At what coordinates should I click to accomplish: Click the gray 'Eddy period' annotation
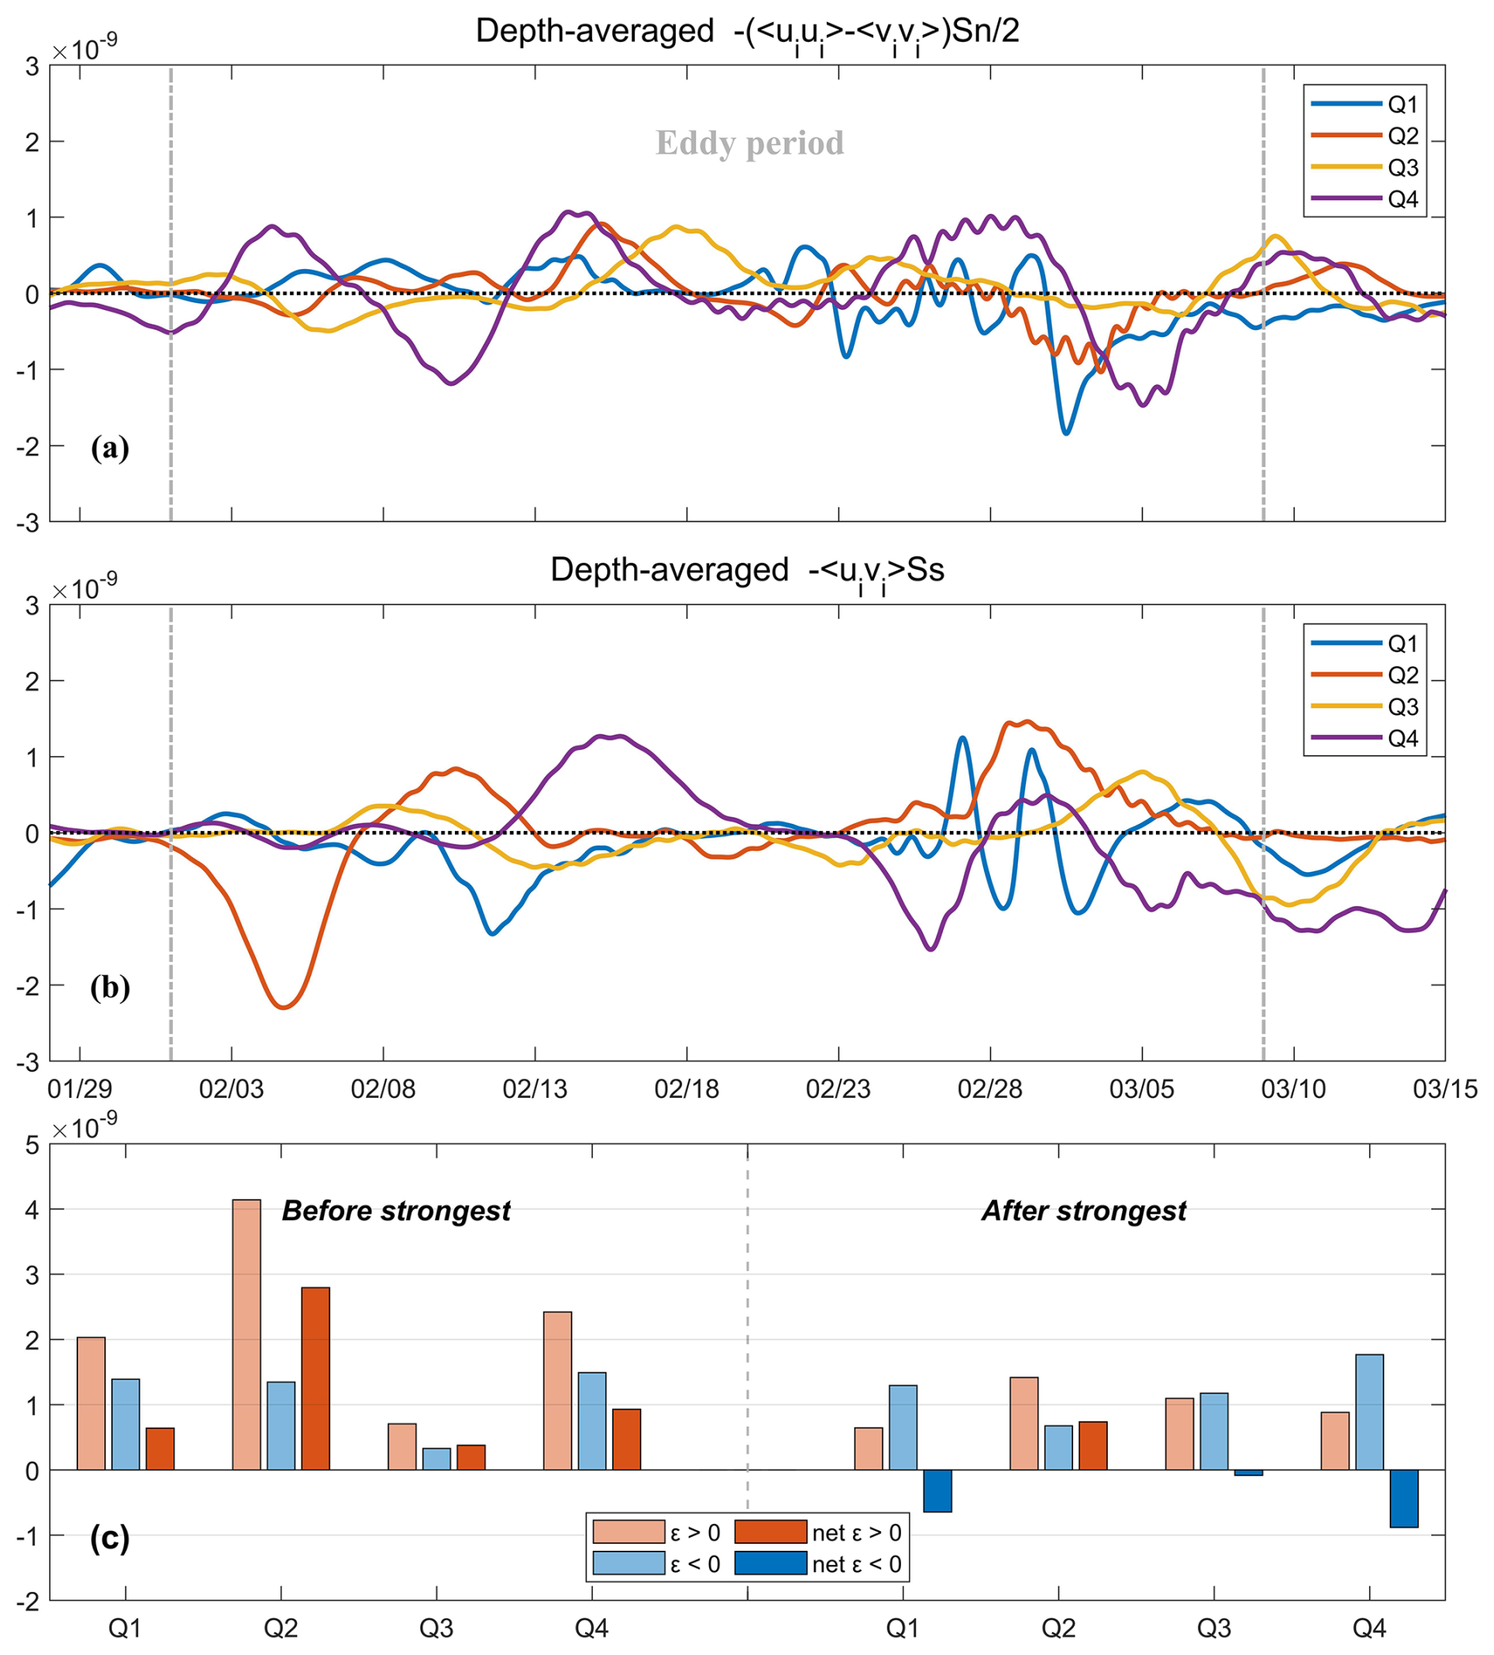tap(749, 144)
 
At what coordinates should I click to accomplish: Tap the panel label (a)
tap(110, 448)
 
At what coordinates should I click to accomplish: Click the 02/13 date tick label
tap(535, 1090)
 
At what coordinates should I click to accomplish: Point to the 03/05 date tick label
tap(1141, 1090)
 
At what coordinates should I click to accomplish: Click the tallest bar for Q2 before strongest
tap(246, 1335)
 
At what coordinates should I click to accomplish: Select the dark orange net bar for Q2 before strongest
tap(315, 1379)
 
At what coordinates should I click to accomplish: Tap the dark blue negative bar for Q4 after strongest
tap(1404, 1498)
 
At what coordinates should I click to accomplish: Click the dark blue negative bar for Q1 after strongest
tap(937, 1490)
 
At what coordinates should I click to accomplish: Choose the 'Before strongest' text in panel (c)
tap(396, 1211)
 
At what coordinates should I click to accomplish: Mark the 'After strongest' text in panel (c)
tap(1083, 1211)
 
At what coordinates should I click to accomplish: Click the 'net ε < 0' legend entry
tap(817, 1565)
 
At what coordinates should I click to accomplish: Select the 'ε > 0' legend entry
tap(657, 1533)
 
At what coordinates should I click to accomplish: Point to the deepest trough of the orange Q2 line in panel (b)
tap(284, 1007)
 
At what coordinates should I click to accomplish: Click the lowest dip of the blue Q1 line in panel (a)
tap(1066, 432)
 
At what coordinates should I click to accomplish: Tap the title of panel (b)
tap(747, 571)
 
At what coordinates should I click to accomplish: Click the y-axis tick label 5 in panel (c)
tap(32, 1145)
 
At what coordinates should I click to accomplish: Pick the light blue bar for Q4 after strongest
tap(1369, 1412)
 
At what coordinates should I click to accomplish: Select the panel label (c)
tap(110, 1538)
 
